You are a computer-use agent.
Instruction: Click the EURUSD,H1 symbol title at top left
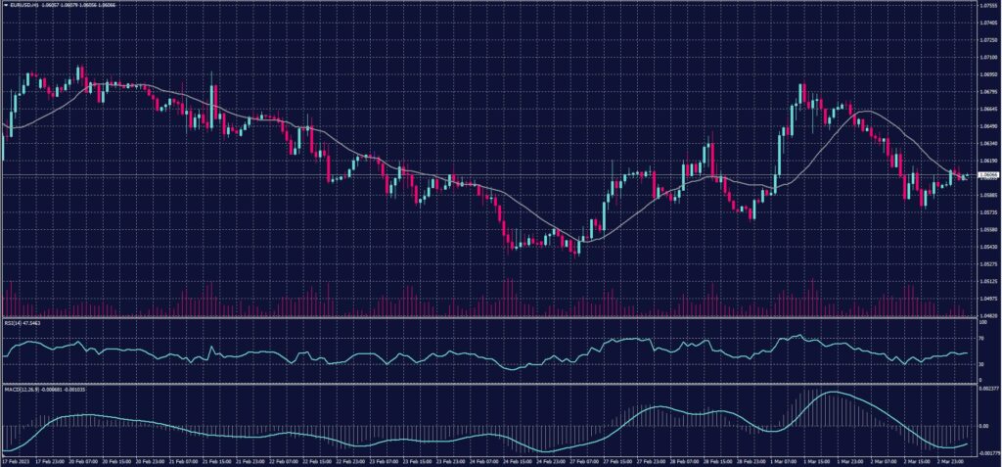click(x=23, y=6)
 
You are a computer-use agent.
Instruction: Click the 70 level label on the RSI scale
click(x=982, y=338)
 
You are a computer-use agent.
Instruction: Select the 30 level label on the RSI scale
click(x=982, y=363)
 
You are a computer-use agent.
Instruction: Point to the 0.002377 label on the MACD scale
click(x=989, y=389)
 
